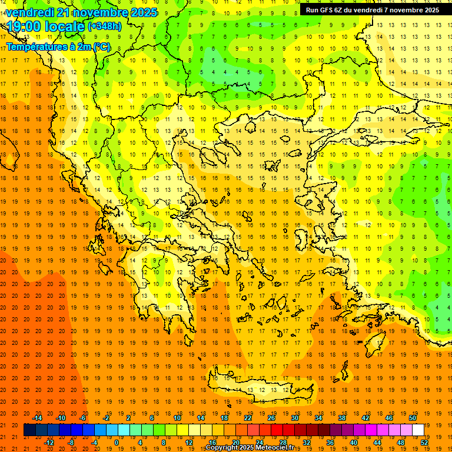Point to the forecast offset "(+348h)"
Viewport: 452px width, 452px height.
tap(104, 26)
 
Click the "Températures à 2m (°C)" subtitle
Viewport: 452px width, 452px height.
tap(58, 47)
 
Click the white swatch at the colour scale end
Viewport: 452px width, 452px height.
tap(418, 430)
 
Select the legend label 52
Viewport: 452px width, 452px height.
tap(424, 442)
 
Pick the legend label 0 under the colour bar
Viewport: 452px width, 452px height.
tap(116, 442)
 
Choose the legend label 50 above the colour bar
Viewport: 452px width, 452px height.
tap(412, 417)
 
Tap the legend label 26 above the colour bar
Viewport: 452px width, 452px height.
tap(271, 417)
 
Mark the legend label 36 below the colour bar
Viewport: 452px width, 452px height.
tap(330, 442)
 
